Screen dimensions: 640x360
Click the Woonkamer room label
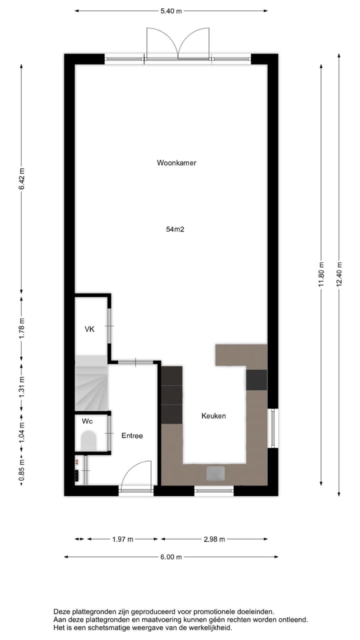tap(176, 162)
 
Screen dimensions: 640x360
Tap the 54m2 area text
tap(176, 229)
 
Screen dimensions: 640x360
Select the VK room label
tap(89, 329)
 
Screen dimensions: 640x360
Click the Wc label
tap(86, 421)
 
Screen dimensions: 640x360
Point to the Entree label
tap(132, 436)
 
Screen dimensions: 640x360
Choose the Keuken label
tap(213, 416)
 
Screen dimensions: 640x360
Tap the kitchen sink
tap(215, 473)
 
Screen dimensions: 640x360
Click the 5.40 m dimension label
tap(171, 10)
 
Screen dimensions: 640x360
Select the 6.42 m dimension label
tap(21, 177)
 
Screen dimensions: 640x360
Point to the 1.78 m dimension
tap(21, 328)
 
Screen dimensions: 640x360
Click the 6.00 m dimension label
tap(171, 557)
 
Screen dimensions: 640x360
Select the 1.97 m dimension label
tap(122, 539)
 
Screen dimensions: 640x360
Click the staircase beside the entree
tap(91, 383)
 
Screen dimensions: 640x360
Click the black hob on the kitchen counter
tap(256, 379)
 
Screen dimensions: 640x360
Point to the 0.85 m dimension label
tap(21, 473)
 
